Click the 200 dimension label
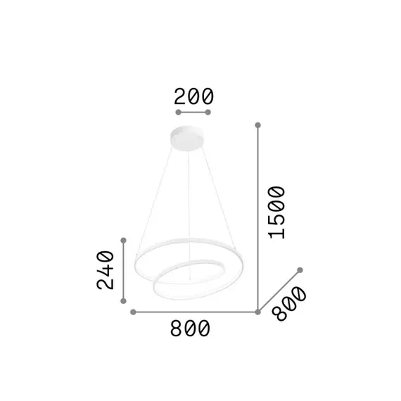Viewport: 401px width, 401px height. (193, 96)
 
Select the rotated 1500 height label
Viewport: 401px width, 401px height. (276, 212)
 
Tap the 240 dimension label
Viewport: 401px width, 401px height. (105, 269)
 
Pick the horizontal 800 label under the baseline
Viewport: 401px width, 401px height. (190, 328)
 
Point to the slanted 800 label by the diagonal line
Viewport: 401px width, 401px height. (289, 304)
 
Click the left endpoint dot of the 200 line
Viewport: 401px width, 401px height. (178, 113)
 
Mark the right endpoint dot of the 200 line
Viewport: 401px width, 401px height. (209, 113)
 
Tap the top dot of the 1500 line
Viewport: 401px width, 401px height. (257, 125)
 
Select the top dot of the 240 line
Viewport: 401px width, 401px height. (124, 240)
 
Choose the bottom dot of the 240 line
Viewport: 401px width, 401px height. (124, 301)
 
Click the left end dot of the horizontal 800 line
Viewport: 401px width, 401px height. (132, 312)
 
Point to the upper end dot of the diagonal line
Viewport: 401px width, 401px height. (300, 270)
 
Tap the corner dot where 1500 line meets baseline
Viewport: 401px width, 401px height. (257, 312)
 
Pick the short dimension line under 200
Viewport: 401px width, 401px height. (193, 113)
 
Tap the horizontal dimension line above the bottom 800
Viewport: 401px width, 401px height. (195, 312)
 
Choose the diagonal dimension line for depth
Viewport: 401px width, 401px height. (279, 291)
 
